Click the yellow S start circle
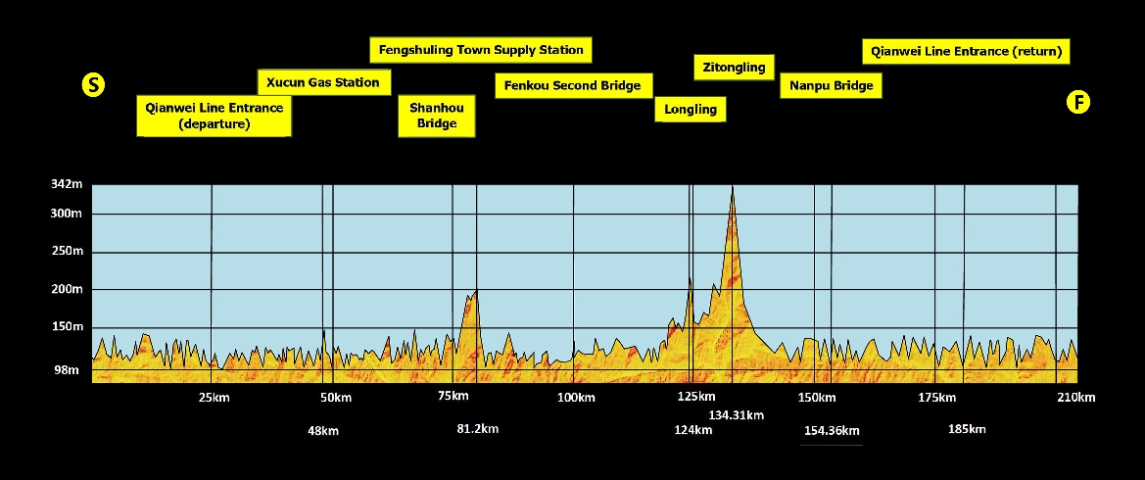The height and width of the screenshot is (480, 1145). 93,84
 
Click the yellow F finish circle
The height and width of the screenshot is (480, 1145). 1077,102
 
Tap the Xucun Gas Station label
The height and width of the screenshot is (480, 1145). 323,82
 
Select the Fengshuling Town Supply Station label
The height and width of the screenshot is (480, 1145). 481,50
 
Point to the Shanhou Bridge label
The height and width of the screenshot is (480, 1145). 437,116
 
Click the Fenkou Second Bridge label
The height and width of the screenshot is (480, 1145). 572,85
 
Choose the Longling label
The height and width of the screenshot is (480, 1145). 691,109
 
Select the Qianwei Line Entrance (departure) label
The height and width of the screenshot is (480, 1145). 214,116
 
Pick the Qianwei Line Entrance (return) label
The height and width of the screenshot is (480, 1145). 966,51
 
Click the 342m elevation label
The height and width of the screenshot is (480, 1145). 67,184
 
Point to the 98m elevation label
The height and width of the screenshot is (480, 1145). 67,369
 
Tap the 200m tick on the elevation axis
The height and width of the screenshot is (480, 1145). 67,289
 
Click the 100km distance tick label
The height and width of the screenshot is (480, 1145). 576,397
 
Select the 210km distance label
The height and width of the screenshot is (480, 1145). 1075,397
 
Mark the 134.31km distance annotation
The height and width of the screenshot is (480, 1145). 736,415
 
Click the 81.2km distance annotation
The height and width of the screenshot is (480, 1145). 477,428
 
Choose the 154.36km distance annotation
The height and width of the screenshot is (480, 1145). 832,431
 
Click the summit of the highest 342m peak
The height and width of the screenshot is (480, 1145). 731,186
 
